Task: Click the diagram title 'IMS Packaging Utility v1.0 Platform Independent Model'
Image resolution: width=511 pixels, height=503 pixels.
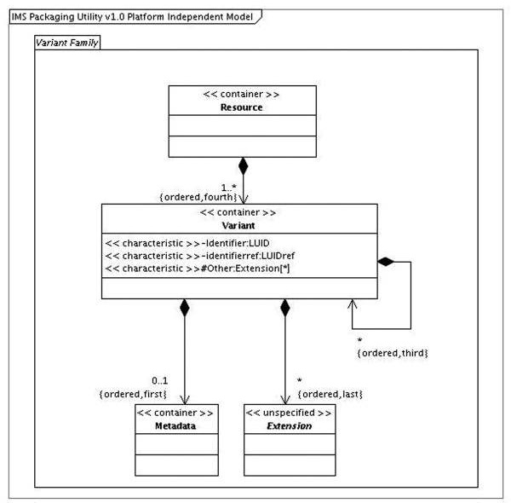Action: point(132,17)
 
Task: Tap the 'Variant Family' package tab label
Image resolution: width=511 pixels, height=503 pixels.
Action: point(66,43)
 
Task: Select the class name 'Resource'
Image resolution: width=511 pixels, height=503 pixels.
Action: point(242,107)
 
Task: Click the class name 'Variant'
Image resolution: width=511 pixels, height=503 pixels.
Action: point(238,225)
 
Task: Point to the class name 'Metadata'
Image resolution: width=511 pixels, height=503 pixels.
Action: point(175,425)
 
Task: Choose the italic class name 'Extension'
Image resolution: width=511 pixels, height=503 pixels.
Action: point(290,425)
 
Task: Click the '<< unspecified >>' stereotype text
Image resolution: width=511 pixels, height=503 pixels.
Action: point(289,413)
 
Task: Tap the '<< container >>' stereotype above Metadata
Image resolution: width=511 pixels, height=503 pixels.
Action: point(175,413)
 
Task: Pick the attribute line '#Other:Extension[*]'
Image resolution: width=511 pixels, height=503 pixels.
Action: point(245,269)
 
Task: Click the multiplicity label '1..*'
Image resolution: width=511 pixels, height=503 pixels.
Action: point(229,188)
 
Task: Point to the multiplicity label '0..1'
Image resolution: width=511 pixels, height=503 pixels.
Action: point(160,381)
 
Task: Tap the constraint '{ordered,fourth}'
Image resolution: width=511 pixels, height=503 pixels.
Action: point(198,197)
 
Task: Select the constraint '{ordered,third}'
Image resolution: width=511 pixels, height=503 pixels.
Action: point(393,353)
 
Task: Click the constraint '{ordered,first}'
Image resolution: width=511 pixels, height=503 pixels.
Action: point(133,394)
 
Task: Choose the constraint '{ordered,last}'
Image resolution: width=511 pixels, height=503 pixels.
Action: point(330,394)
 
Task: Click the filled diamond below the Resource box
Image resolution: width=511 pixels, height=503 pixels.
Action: point(243,166)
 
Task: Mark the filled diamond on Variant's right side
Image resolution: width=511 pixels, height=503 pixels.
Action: point(386,262)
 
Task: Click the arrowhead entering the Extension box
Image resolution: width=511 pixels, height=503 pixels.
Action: point(285,400)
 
